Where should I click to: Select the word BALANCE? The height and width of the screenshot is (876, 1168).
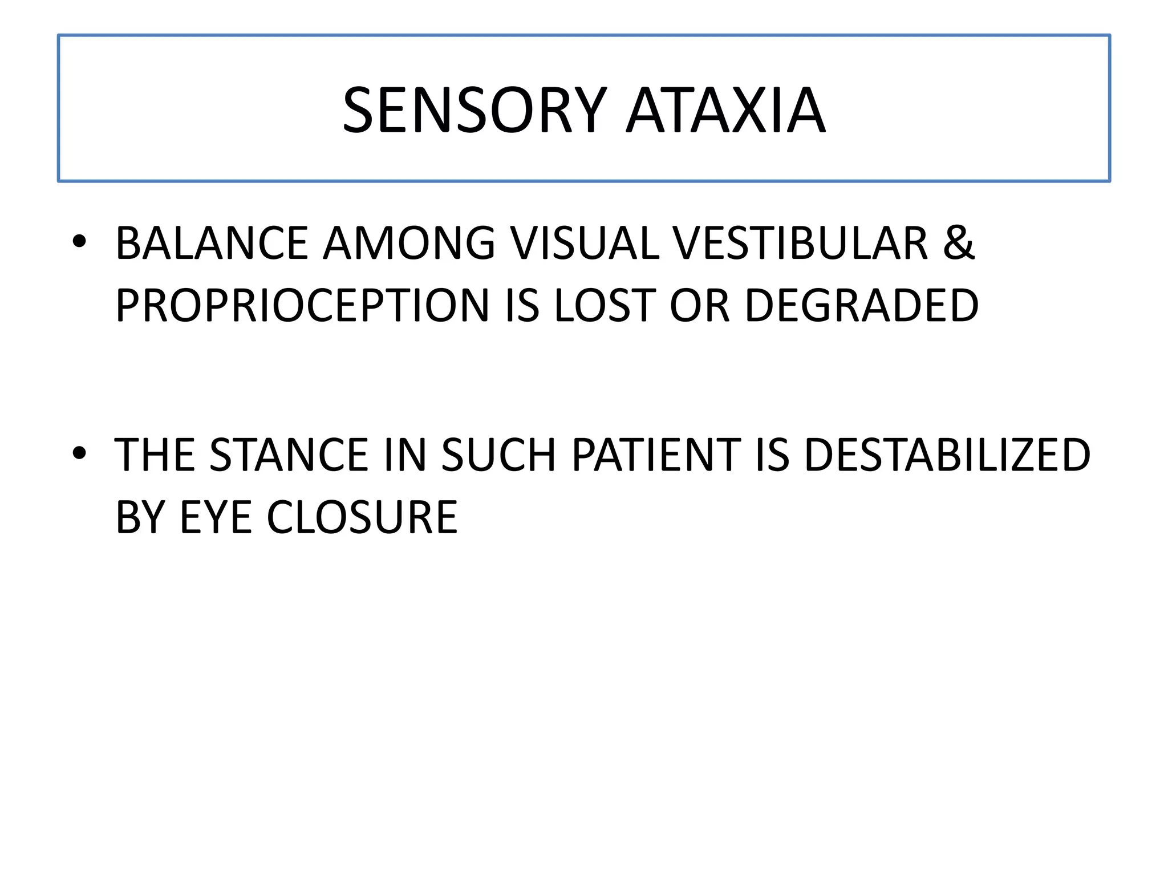212,244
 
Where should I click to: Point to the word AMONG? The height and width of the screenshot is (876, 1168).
409,244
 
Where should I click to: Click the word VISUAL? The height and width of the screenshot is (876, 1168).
585,244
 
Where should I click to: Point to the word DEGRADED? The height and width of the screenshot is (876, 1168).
862,306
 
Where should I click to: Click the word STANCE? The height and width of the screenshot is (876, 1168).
289,455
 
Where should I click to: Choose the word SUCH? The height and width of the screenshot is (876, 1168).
498,455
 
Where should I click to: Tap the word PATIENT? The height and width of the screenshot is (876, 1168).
656,455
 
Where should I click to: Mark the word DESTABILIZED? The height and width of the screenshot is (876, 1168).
947,455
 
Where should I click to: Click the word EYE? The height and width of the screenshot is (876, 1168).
216,517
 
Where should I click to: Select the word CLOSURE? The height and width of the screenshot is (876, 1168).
362,517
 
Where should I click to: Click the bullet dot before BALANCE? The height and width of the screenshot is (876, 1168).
79,242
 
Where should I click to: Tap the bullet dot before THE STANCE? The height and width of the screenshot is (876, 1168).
79,453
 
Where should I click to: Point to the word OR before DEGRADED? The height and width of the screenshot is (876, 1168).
700,306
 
